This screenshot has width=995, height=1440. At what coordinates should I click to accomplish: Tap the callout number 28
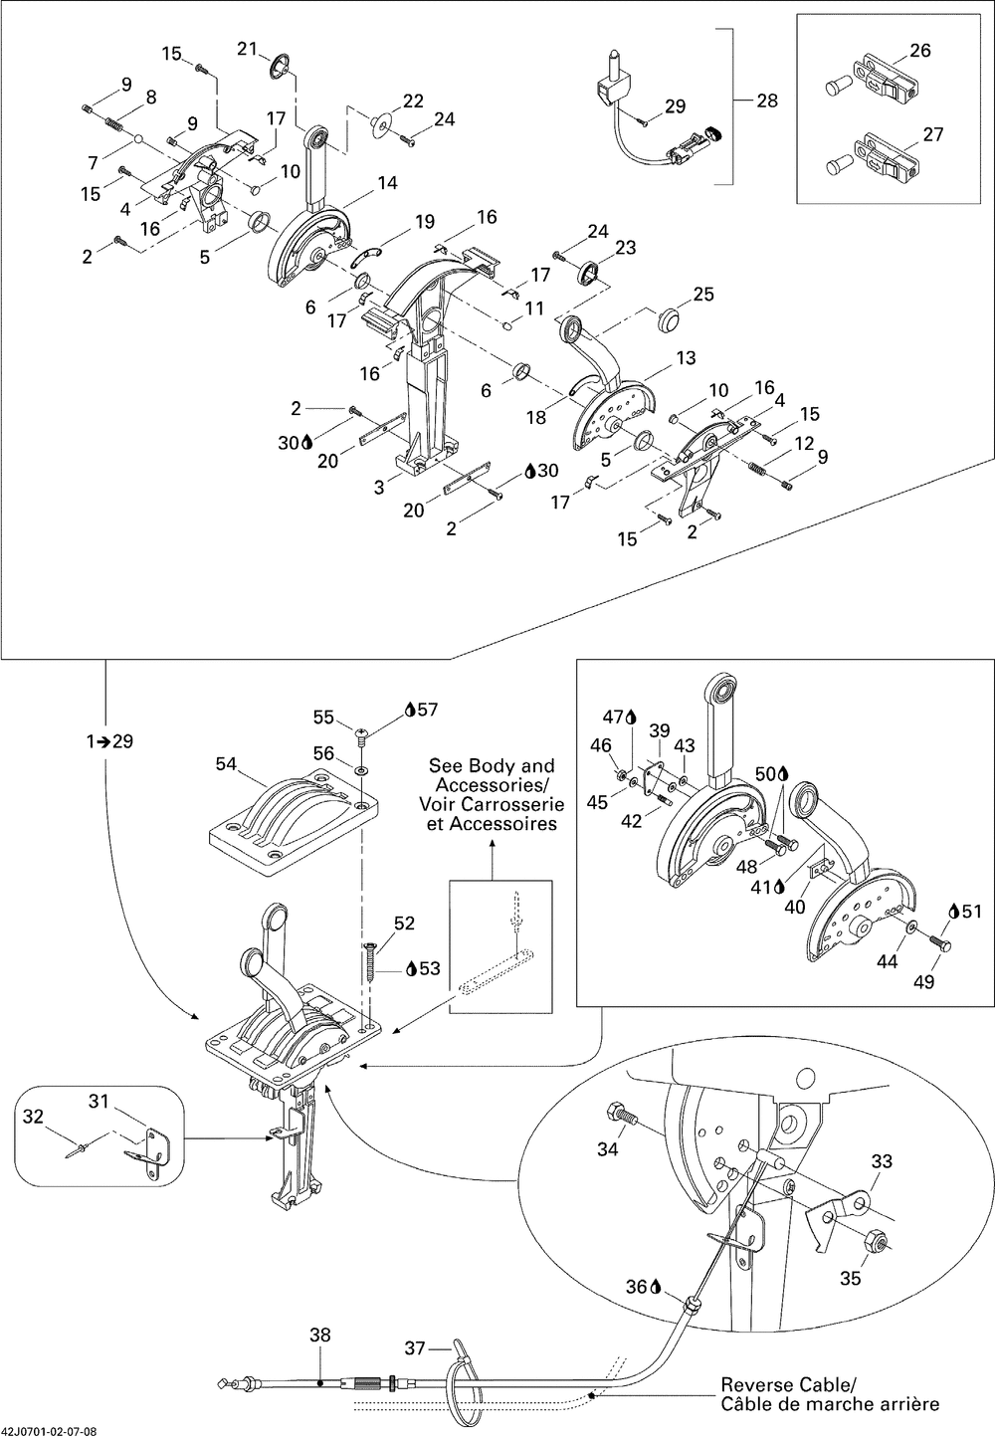tap(767, 100)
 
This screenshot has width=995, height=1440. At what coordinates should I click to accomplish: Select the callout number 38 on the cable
tap(321, 1335)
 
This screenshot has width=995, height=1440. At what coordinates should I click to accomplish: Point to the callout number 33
tap(882, 1160)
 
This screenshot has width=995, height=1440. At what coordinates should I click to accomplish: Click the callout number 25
tap(703, 294)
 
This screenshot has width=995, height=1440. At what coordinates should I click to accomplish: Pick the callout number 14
tap(387, 182)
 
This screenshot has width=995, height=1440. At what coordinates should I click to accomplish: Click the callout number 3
tap(379, 487)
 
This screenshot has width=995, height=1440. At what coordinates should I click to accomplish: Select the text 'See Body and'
tap(492, 766)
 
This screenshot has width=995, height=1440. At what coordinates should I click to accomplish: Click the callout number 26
tap(921, 50)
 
